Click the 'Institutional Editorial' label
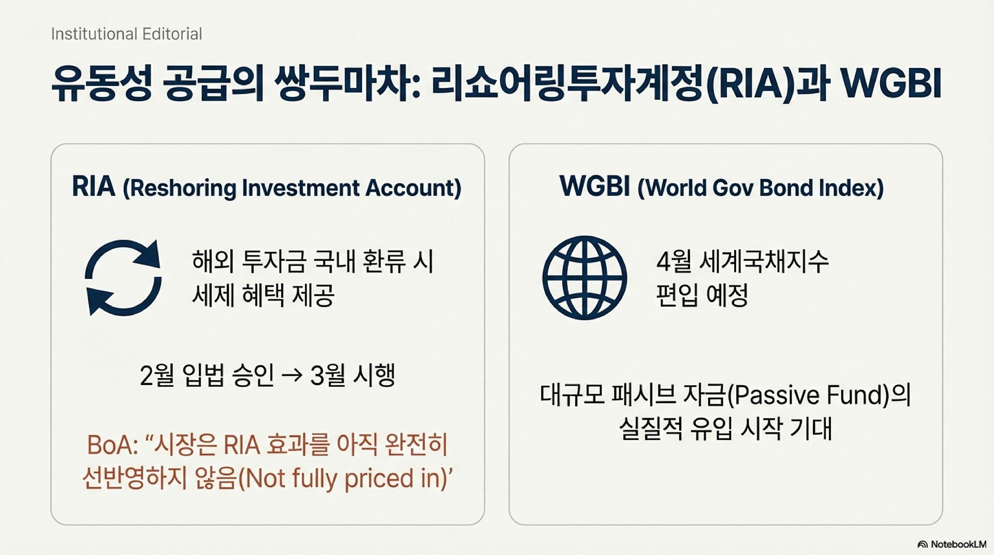126,34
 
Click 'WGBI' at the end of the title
891,83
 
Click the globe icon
584,277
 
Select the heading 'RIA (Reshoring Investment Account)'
267,187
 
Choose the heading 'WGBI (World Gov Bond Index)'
722,187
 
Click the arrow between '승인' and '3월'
292,375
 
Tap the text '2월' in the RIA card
157,375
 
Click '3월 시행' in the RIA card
353,375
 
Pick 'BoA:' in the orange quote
112,445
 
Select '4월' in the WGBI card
674,261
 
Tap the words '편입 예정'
702,295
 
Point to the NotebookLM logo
952,544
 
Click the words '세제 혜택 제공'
263,295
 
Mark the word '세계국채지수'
764,261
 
